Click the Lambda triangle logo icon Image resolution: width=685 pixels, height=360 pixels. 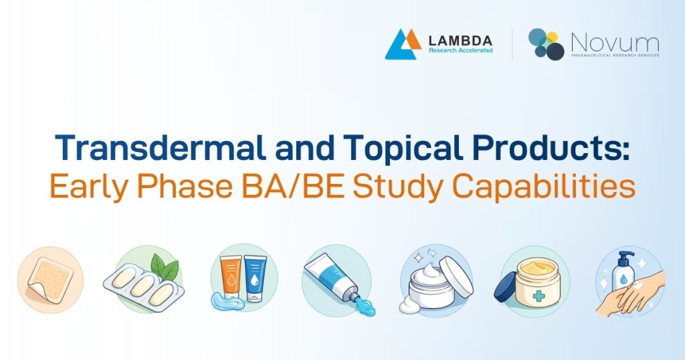403,44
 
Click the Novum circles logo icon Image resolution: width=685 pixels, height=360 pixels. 546,44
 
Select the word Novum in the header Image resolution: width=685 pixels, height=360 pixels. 614,42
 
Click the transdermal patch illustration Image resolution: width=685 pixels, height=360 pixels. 50,280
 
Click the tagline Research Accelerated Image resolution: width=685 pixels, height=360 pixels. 461,50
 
